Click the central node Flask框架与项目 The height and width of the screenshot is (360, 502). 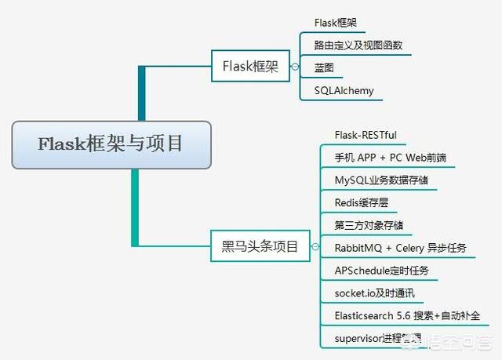point(111,144)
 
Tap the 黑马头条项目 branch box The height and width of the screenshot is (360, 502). point(255,247)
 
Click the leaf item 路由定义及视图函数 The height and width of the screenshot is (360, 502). point(358,45)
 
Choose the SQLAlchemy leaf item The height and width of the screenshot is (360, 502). point(344,91)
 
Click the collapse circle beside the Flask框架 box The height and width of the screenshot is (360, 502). point(294,67)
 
